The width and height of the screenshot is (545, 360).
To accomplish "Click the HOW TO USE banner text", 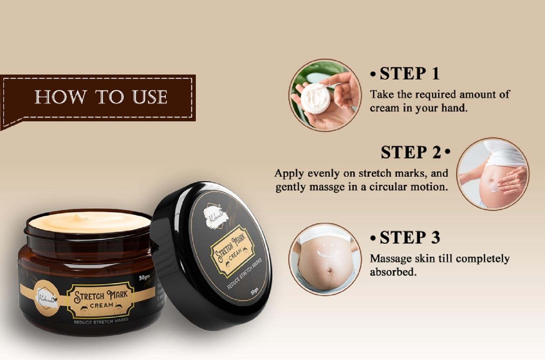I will (101, 97).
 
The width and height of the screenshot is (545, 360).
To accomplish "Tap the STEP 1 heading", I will (409, 74).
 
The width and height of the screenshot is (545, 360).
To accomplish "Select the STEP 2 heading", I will (411, 153).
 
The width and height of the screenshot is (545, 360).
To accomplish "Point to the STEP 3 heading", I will (410, 238).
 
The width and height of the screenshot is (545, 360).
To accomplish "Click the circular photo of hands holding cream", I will (325, 95).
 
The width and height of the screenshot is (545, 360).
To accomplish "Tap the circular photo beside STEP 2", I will (492, 174).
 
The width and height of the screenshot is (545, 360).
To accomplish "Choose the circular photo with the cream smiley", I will (325, 259).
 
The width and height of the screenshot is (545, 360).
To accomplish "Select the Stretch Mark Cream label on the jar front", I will (101, 299).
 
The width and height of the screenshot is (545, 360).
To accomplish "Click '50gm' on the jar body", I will (144, 278).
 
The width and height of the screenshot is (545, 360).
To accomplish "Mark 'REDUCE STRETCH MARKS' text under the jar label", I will (101, 321).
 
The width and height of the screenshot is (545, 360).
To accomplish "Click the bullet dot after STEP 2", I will (447, 152).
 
